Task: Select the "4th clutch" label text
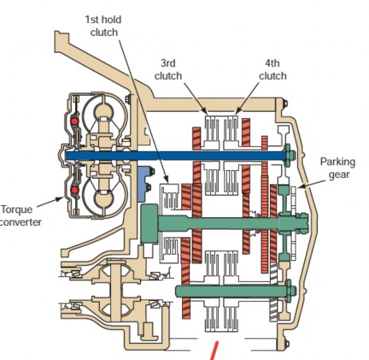[x=272, y=69]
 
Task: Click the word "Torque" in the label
[x=17, y=209]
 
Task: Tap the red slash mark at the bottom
[x=213, y=350]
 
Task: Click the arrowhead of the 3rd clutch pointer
[x=207, y=113]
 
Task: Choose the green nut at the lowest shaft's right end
[x=287, y=292]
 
